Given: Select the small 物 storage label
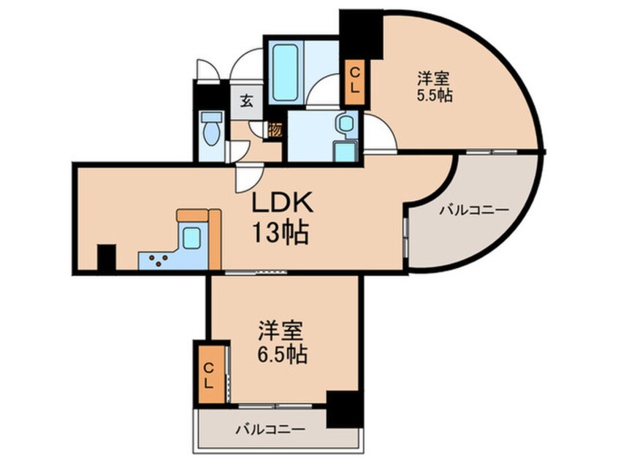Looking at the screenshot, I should point(275,131).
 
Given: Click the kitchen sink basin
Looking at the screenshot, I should point(193,239).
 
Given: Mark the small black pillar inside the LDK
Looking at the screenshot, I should point(107,257).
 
